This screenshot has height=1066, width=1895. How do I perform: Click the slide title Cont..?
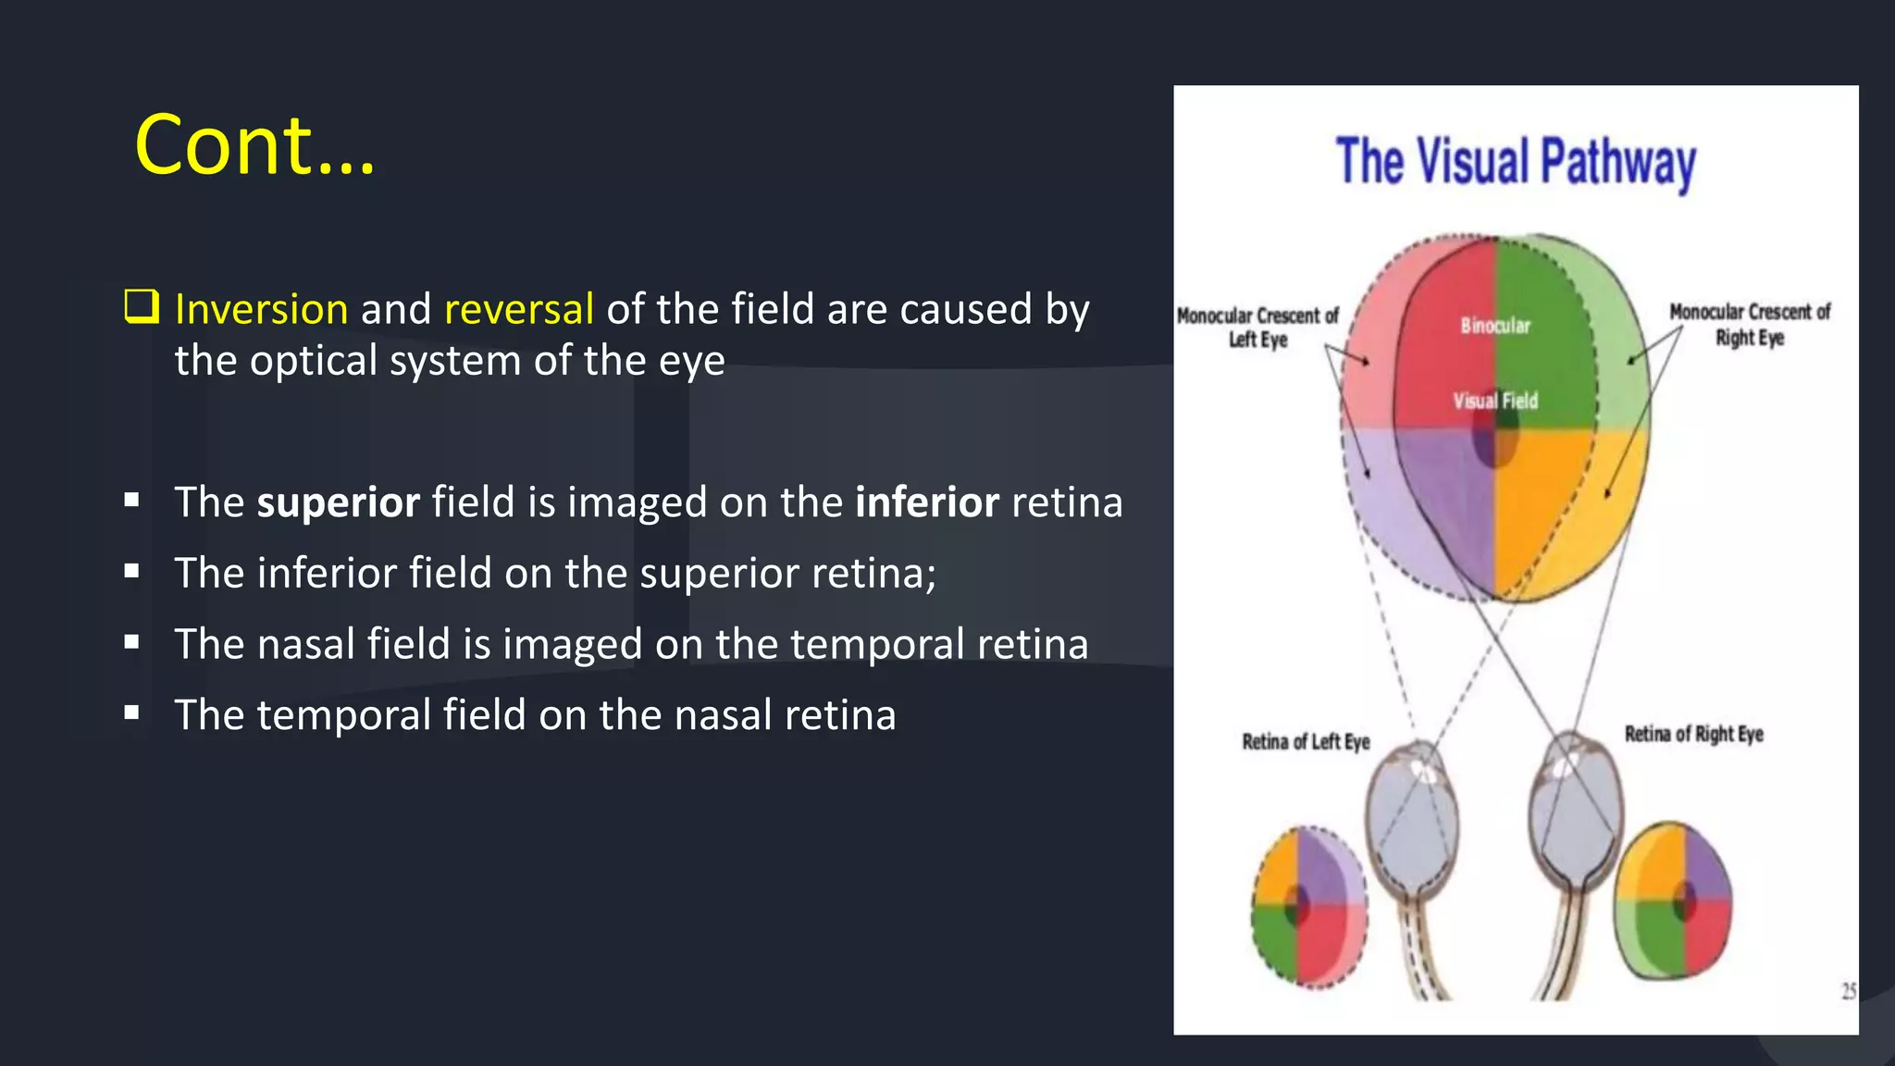pyautogui.click(x=254, y=145)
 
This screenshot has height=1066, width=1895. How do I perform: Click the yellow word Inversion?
pyautogui.click(x=261, y=309)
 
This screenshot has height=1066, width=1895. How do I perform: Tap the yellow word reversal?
pyautogui.click(x=518, y=309)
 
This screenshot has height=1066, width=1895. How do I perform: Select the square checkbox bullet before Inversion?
pyautogui.click(x=142, y=306)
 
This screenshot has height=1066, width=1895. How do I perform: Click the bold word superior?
pyautogui.click(x=338, y=502)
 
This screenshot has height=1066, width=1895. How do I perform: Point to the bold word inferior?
pyautogui.click(x=926, y=502)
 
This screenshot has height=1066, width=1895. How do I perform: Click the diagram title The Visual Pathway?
pyautogui.click(x=1515, y=163)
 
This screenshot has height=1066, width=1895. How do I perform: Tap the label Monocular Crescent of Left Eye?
pyautogui.click(x=1257, y=328)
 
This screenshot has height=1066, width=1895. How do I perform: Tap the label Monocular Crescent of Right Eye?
pyautogui.click(x=1749, y=324)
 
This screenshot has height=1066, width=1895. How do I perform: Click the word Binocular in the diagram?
pyautogui.click(x=1494, y=326)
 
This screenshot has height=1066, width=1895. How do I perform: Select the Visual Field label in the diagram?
pyautogui.click(x=1494, y=401)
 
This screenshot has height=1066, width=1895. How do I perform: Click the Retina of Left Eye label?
pyautogui.click(x=1305, y=741)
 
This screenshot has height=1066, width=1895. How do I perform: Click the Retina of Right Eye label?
pyautogui.click(x=1693, y=734)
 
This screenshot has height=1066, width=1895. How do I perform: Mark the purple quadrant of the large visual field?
pyautogui.click(x=1443, y=500)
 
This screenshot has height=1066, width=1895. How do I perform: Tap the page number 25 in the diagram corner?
pyautogui.click(x=1848, y=991)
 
